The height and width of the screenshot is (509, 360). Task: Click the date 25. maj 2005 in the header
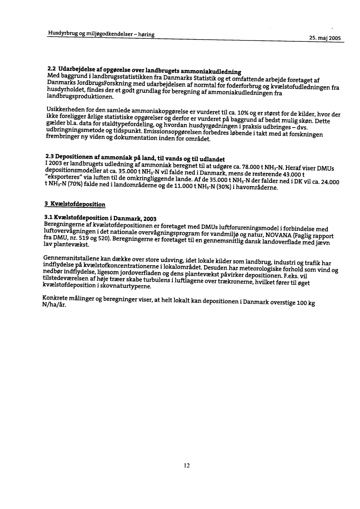coord(324,38)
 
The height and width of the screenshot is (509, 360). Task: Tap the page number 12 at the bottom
coord(186,465)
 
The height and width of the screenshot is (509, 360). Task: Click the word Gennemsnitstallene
coord(71,259)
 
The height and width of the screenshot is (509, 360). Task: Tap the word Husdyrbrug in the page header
coord(62,34)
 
